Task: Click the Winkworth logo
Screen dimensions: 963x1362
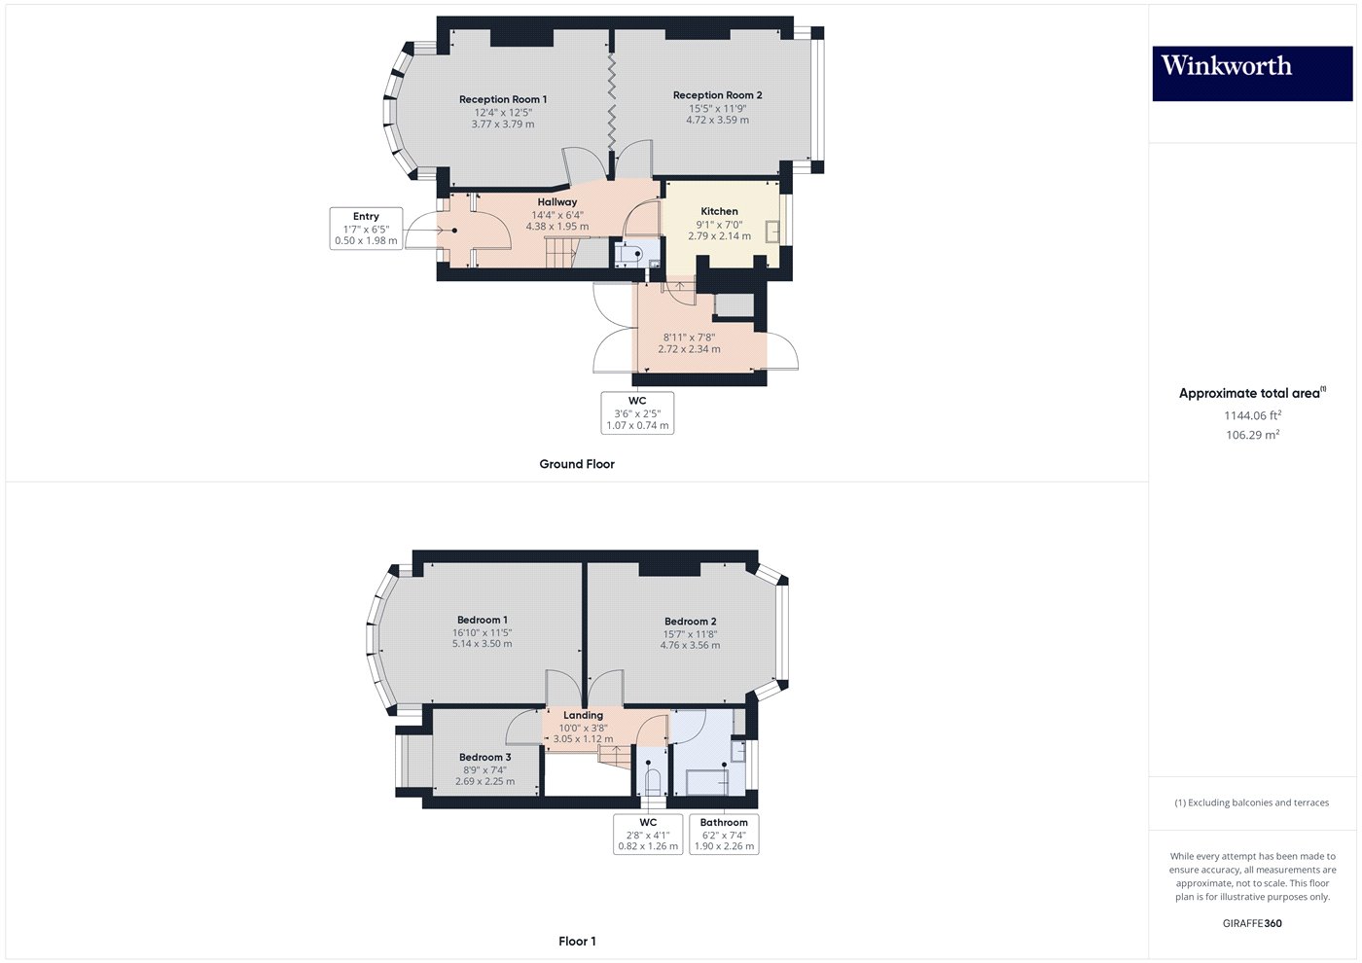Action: tap(1252, 74)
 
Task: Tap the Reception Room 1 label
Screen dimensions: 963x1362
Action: tap(503, 99)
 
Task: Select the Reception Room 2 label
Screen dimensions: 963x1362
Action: tap(717, 95)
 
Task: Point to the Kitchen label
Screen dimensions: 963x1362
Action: tap(719, 211)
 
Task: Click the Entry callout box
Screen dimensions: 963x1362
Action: tap(366, 229)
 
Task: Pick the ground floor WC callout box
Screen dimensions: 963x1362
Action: tap(637, 413)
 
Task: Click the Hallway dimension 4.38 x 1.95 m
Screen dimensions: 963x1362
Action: tap(556, 227)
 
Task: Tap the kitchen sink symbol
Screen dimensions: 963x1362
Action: tap(771, 232)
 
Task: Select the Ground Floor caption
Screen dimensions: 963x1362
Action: tap(577, 464)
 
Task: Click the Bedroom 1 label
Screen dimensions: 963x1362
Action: tap(483, 620)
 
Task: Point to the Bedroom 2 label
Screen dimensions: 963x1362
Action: tap(690, 622)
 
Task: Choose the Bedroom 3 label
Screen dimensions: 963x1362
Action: tap(484, 757)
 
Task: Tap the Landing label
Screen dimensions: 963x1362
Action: tap(583, 715)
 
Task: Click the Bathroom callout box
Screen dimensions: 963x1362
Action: tap(724, 834)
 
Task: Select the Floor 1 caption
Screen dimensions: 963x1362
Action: tap(577, 941)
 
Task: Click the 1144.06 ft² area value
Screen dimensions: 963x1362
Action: tap(1252, 415)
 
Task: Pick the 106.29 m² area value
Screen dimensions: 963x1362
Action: tap(1252, 435)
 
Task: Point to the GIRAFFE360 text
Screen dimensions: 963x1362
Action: tap(1252, 923)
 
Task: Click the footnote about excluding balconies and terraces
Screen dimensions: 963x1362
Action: tap(1251, 802)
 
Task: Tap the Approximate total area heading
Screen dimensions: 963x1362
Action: tap(1251, 393)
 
